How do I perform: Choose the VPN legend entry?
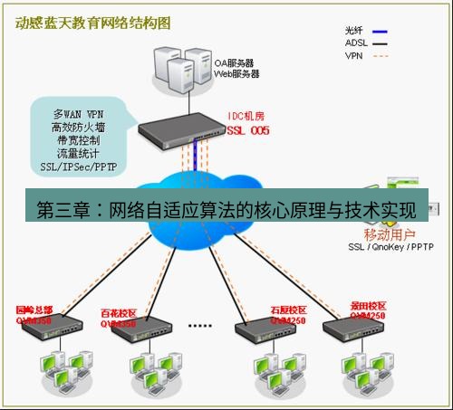355,55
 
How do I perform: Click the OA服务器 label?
235,63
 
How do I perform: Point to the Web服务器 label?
236,74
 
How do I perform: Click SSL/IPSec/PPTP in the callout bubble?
77,167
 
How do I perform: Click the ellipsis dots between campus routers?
198,322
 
